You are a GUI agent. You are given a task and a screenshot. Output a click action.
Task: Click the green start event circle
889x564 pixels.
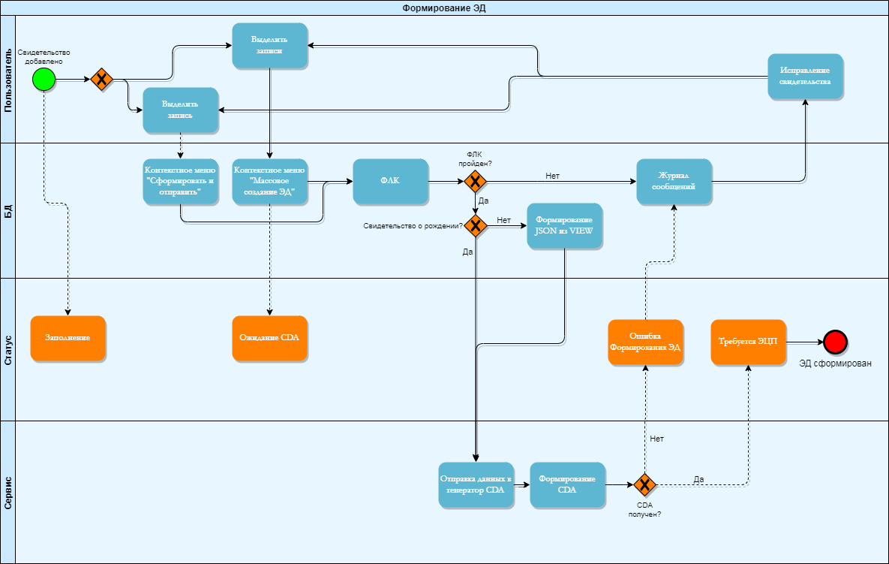click(x=44, y=79)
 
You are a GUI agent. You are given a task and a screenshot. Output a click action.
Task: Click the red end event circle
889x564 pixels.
click(x=835, y=342)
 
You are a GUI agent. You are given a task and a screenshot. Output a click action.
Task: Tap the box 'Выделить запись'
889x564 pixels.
click(x=181, y=110)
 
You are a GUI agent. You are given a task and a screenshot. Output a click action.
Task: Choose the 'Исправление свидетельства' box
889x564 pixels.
click(x=805, y=76)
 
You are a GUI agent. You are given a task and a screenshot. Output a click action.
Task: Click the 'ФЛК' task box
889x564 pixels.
click(x=390, y=182)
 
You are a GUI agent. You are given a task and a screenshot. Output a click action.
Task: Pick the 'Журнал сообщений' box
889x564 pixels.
click(x=674, y=181)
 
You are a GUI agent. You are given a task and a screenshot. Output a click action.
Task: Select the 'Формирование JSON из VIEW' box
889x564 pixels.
click(x=564, y=225)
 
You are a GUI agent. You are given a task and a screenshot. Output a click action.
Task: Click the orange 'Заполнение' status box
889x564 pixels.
click(x=68, y=338)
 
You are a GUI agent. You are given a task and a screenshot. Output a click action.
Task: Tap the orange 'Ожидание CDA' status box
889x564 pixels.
click(x=269, y=338)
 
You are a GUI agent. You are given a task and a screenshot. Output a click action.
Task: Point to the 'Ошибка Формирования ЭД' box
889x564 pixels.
click(x=645, y=342)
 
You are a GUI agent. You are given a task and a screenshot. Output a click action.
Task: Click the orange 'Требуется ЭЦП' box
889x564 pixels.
click(x=748, y=342)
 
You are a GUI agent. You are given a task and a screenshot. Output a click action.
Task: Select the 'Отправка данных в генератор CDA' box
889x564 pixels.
click(x=476, y=484)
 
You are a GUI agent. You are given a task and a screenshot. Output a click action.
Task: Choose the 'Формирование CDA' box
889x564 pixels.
click(x=567, y=484)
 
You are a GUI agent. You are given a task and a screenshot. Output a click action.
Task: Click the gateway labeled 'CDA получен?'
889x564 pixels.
click(x=644, y=484)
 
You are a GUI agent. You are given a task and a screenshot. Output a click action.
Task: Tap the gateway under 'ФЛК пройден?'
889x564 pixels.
click(x=474, y=181)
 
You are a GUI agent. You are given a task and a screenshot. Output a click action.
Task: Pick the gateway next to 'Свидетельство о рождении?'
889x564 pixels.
click(x=474, y=225)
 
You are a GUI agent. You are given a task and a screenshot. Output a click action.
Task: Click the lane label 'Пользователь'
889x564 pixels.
click(x=8, y=79)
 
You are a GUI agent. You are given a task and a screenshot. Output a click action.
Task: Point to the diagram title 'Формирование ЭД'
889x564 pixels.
click(x=444, y=8)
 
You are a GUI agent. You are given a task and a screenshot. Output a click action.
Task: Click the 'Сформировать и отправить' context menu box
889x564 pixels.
click(x=181, y=181)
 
